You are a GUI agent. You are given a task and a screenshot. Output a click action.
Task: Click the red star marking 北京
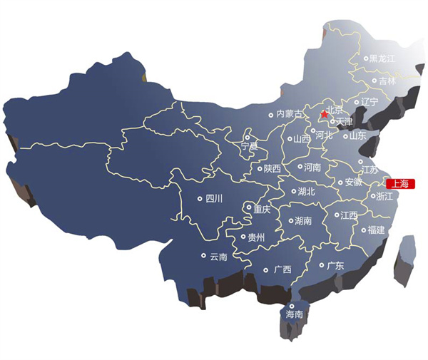[x=325, y=113]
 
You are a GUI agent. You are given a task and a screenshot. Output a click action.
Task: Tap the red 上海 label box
[x=399, y=183]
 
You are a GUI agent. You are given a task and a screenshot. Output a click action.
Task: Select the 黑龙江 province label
[x=382, y=58]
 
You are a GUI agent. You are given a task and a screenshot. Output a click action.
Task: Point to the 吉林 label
[x=387, y=81]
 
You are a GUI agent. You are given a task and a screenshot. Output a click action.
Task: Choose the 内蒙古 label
[x=290, y=114]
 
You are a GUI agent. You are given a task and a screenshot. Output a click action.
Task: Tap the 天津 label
[x=345, y=122]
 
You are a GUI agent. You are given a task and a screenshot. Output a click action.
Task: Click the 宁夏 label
[x=249, y=145]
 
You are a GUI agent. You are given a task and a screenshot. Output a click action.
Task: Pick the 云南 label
[x=218, y=256]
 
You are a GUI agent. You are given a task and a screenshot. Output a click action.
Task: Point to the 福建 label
[x=376, y=230]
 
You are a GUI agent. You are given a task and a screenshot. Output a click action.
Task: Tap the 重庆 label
[x=262, y=210]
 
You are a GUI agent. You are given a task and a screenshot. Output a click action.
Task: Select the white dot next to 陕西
[x=260, y=168]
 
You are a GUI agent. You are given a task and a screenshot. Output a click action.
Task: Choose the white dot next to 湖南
[x=290, y=221]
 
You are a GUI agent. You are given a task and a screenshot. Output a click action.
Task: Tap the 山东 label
[x=357, y=135]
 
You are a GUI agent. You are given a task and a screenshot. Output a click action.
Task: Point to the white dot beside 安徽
[x=340, y=181]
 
